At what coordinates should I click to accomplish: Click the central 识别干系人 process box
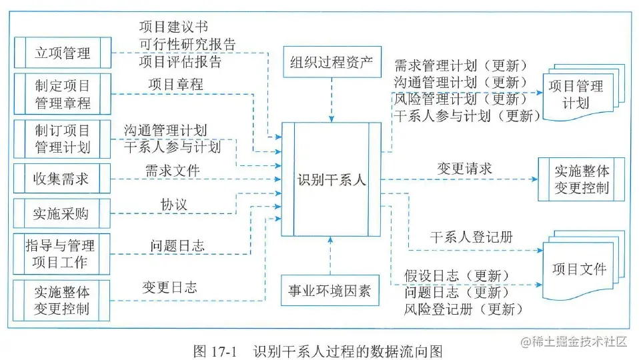coord(332,179)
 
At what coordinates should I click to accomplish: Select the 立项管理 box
coord(62,53)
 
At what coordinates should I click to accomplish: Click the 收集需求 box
coord(62,179)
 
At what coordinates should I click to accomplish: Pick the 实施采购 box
coord(62,213)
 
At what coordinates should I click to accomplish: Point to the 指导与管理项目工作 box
coord(62,253)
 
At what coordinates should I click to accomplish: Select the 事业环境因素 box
coord(332,291)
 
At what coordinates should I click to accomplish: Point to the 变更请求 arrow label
coord(464,168)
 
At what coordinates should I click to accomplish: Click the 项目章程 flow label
coord(176,85)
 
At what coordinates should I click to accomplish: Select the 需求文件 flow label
coord(173,170)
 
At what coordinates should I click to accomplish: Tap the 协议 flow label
coord(174,205)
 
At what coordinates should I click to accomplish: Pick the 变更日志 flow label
coord(169,287)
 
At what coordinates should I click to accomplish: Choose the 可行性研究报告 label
coord(187,45)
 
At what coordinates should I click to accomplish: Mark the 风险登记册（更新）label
coord(462,309)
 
